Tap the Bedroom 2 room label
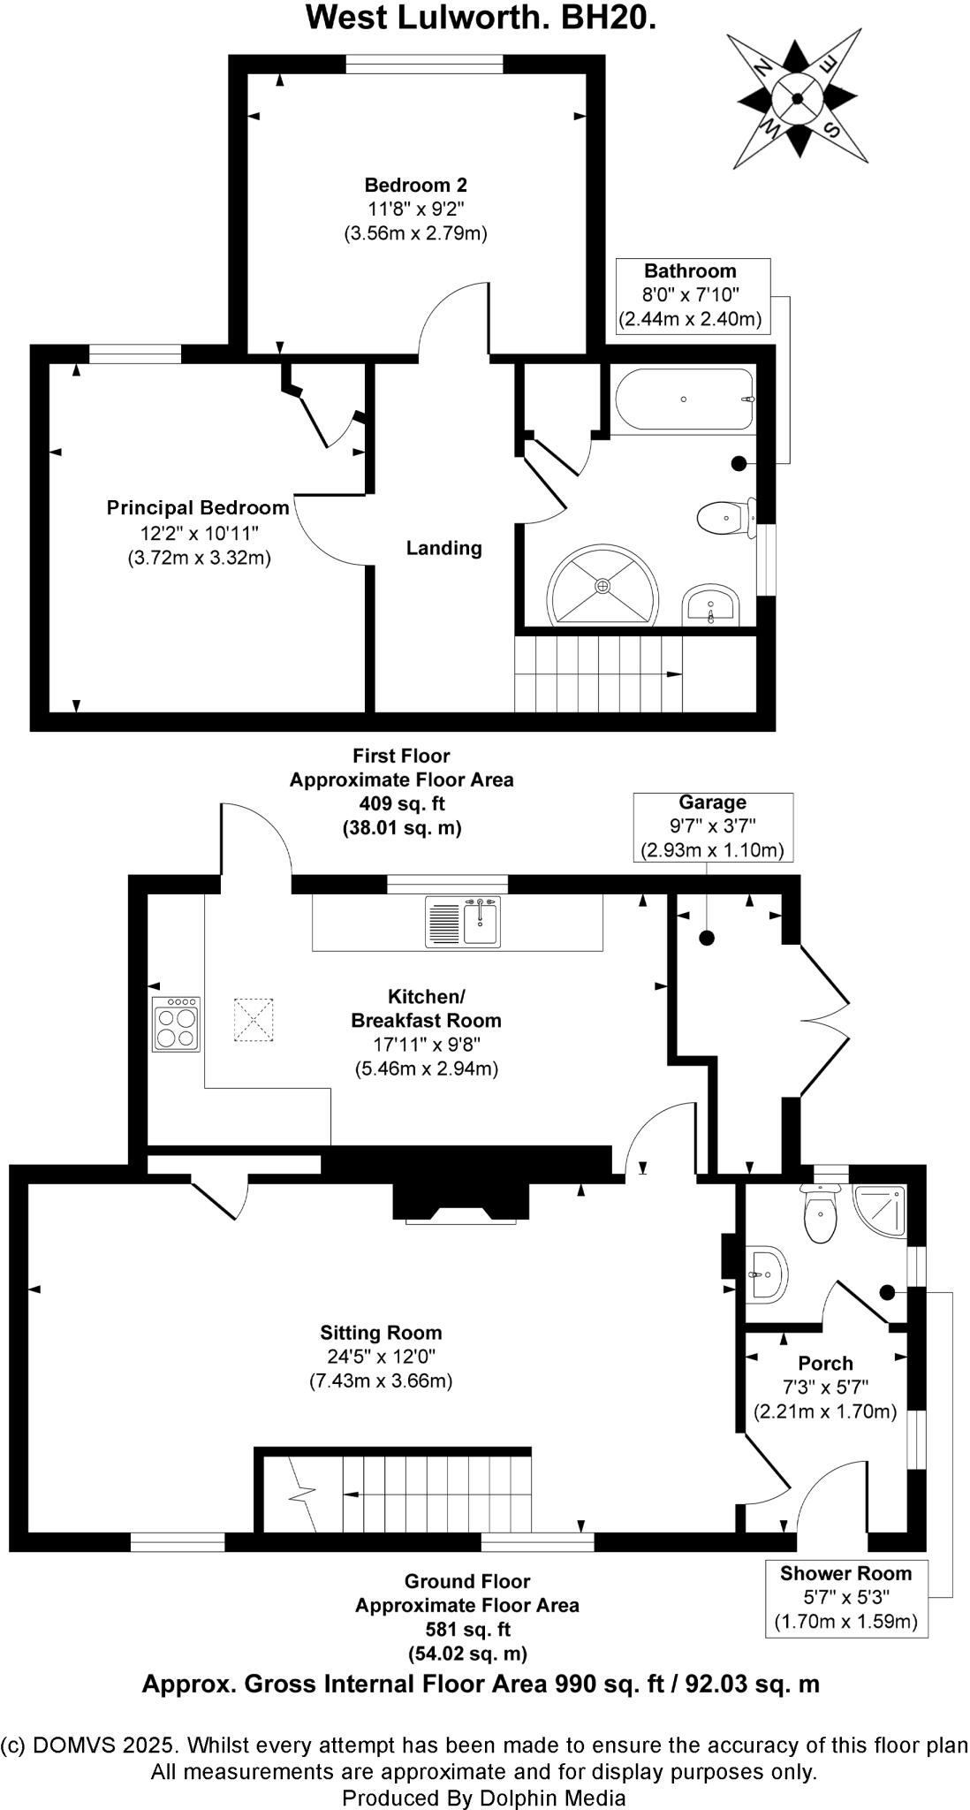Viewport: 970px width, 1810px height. pyautogui.click(x=415, y=186)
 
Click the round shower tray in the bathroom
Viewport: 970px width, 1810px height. pyautogui.click(x=602, y=585)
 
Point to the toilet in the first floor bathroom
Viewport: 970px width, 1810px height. pyautogui.click(x=727, y=517)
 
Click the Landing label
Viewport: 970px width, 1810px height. pyautogui.click(x=443, y=548)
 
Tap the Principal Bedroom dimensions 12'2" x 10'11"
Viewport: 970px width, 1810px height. pyautogui.click(x=197, y=533)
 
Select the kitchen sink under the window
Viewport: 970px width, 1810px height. pyautogui.click(x=463, y=921)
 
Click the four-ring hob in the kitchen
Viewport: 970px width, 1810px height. pyautogui.click(x=177, y=1024)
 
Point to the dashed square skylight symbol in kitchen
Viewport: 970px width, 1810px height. pyautogui.click(x=255, y=1020)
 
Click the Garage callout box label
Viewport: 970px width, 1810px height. pyautogui.click(x=712, y=826)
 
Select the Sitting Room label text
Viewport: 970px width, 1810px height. pyautogui.click(x=381, y=1333)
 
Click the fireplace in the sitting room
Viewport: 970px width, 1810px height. pyautogui.click(x=461, y=1202)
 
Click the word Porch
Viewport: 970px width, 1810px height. pyautogui.click(x=825, y=1364)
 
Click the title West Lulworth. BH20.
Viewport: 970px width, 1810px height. pyautogui.click(x=481, y=18)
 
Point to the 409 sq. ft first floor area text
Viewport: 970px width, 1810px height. pyautogui.click(x=402, y=804)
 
